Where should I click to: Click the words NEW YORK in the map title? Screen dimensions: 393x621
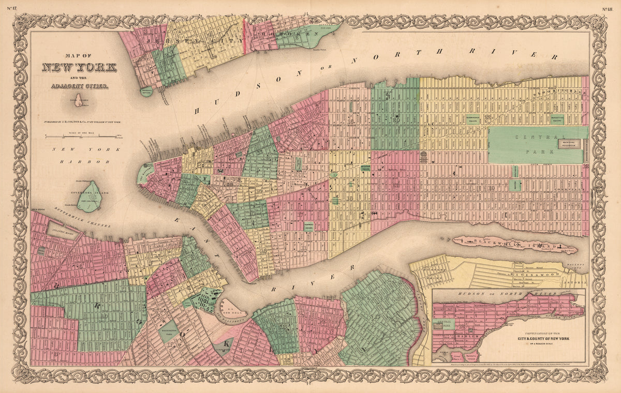pyautogui.click(x=79, y=68)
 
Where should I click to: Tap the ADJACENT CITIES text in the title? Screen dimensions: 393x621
pyautogui.click(x=79, y=85)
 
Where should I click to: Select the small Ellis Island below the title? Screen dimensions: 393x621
pyautogui.click(x=79, y=101)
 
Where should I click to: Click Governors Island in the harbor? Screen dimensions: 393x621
pyautogui.click(x=90, y=197)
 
